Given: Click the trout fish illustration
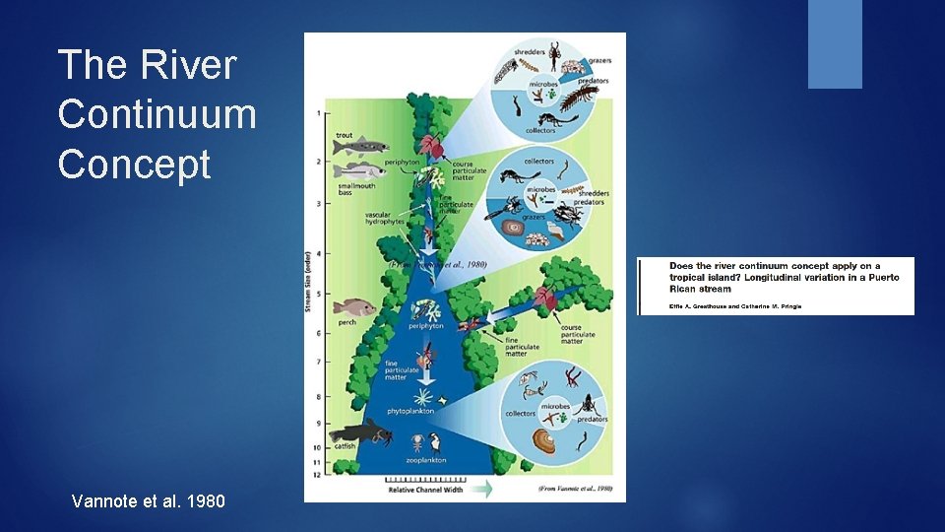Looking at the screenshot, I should pos(355,148).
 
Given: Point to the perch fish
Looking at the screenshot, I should pos(355,308).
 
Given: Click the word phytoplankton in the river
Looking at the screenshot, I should pos(410,411).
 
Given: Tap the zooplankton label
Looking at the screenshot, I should pos(426,460).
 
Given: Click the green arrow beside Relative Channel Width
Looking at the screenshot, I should pos(483,487).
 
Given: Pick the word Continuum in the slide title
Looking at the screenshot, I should pos(157,114).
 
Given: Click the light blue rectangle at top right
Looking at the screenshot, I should pos(835,44).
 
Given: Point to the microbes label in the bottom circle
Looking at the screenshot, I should pos(555,406).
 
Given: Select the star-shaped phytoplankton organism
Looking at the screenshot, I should pos(424,396).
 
